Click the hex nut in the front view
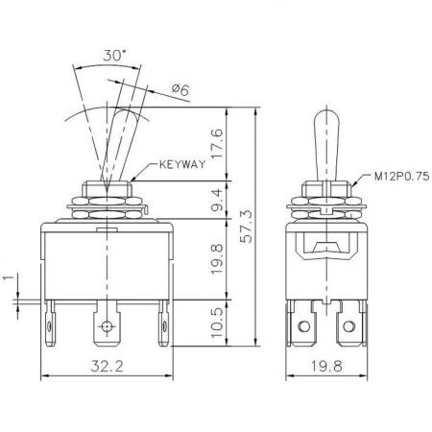tap(106, 204)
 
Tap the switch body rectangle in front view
tap(106, 259)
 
